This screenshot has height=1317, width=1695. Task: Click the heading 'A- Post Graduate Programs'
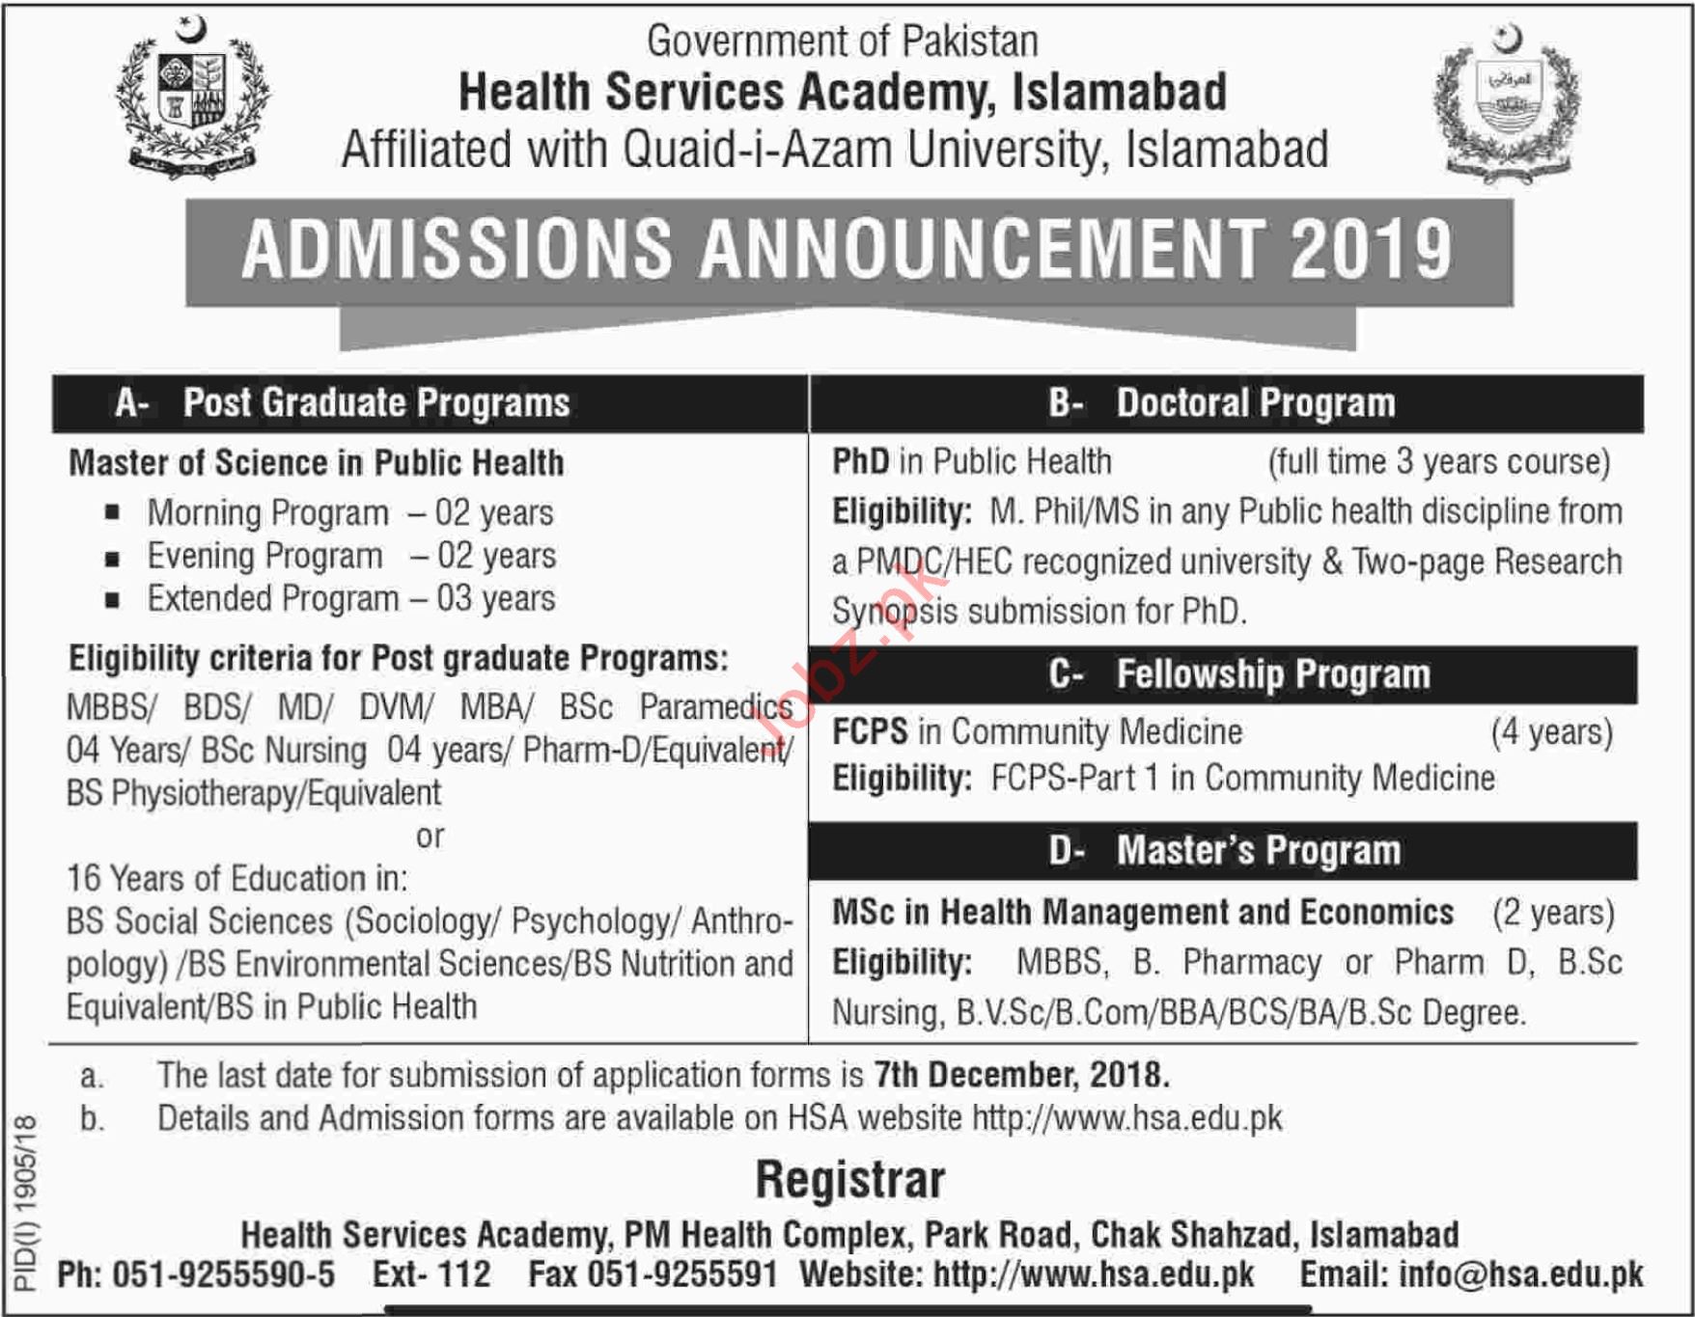(x=343, y=403)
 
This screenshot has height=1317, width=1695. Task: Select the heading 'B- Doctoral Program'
(x=1222, y=403)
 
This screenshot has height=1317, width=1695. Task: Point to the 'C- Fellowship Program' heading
(x=1238, y=674)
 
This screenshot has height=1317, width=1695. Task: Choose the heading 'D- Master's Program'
(x=1224, y=851)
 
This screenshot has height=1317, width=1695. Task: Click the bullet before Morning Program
(x=113, y=513)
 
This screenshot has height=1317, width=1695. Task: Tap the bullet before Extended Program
(x=113, y=599)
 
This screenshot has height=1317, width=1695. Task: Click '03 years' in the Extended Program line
(x=495, y=599)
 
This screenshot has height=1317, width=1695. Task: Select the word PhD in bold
(x=861, y=462)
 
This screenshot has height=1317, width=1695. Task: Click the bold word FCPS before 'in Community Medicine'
(x=870, y=732)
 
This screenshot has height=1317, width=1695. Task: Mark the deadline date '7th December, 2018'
(x=1021, y=1075)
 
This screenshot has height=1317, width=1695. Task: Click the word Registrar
(x=849, y=1180)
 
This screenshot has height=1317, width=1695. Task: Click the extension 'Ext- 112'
(x=431, y=1275)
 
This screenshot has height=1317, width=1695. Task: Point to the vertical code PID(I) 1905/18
(x=26, y=1201)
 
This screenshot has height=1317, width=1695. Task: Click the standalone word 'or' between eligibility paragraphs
(x=431, y=837)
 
